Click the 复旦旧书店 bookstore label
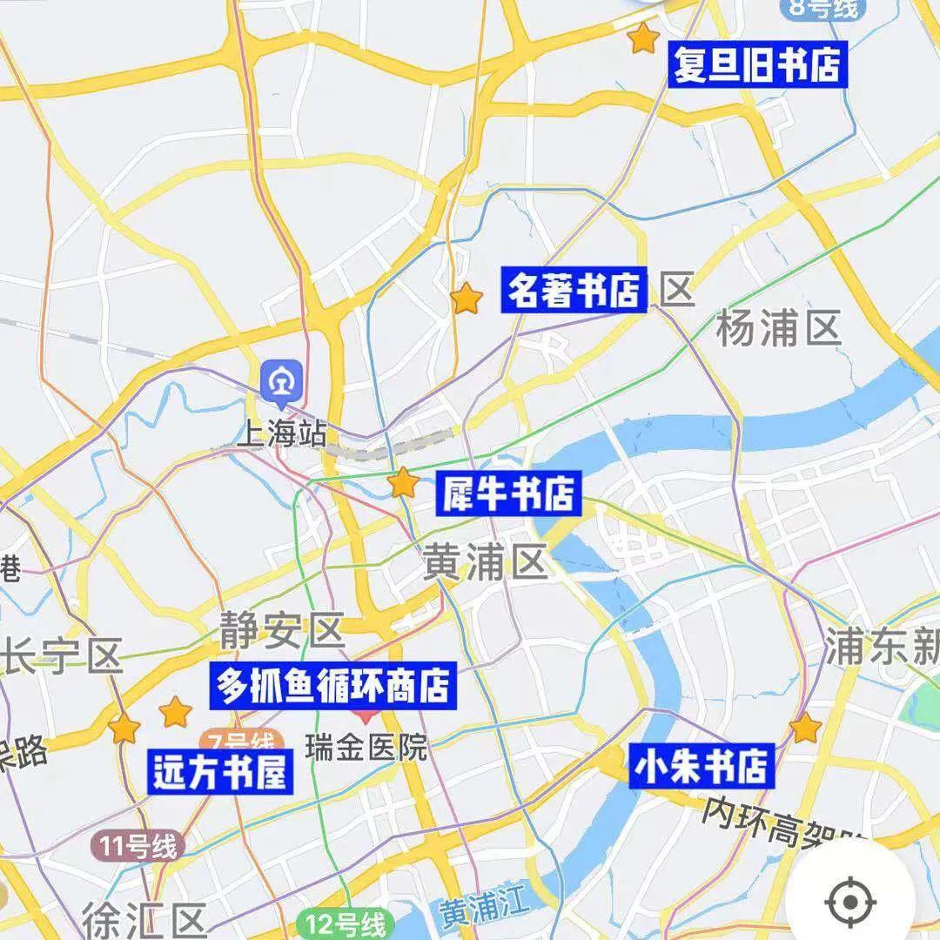(756, 66)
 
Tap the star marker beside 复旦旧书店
(642, 38)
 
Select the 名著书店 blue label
(574, 290)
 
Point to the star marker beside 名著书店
(467, 299)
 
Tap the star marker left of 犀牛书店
(403, 482)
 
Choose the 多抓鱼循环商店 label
(333, 685)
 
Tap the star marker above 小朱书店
(805, 728)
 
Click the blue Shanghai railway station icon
(282, 381)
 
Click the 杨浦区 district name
(777, 329)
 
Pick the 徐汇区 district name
(144, 918)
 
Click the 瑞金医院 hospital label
(366, 747)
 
